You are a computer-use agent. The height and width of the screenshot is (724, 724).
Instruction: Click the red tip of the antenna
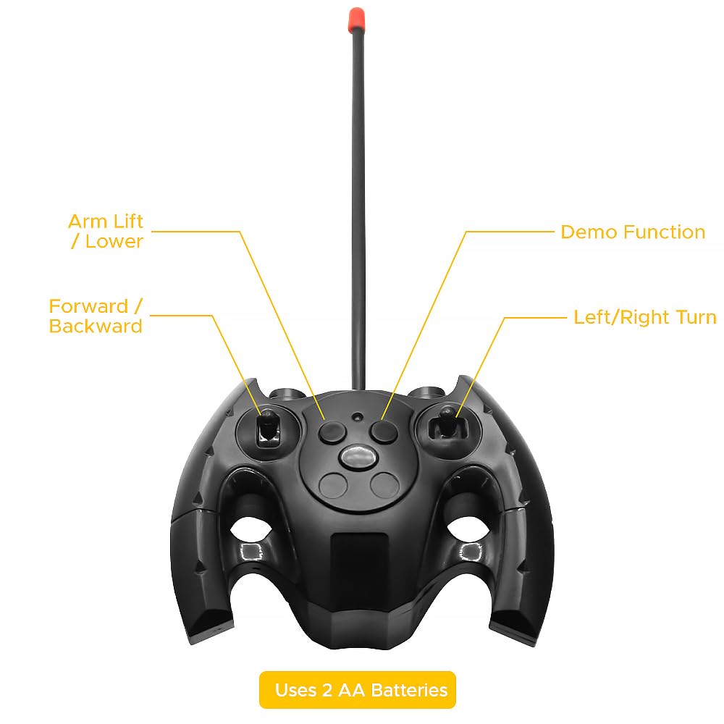[356, 18]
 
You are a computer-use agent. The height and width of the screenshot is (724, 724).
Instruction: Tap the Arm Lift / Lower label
[106, 232]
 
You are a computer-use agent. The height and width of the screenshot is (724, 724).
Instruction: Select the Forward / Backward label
[96, 316]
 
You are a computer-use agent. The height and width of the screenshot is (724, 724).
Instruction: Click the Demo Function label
[633, 232]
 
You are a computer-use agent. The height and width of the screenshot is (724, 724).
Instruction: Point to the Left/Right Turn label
[644, 317]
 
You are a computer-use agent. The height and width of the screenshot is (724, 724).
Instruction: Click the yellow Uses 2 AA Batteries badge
[358, 690]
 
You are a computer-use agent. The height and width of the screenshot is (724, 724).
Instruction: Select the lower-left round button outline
[333, 486]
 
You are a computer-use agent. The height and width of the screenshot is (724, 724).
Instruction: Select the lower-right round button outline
[384, 485]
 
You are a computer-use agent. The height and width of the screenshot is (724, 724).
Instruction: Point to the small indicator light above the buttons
[357, 416]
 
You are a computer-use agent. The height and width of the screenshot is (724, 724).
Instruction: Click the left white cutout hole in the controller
[250, 529]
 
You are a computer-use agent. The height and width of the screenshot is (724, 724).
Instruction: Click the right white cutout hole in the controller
[468, 529]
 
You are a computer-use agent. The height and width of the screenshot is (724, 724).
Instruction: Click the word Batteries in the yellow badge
[409, 690]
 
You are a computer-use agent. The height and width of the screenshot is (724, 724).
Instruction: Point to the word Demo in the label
[586, 232]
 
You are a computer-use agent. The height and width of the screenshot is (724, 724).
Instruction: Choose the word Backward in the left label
[96, 326]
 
